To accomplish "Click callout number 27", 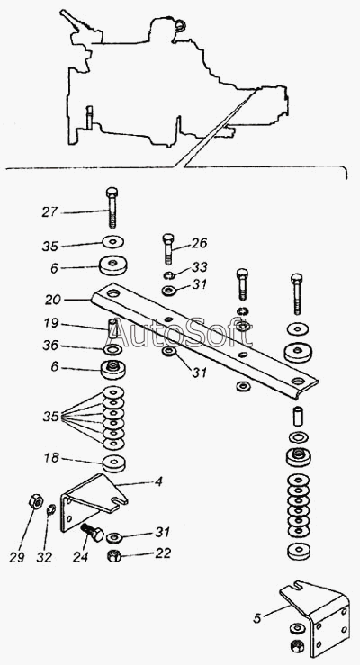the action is tap(49, 211).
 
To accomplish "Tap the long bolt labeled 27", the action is tap(112, 207).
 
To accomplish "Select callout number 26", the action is tap(199, 244).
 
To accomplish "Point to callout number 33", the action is tap(200, 266).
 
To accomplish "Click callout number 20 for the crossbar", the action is tap(53, 300).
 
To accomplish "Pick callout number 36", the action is tap(50, 346).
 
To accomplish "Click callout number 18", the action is tap(51, 458).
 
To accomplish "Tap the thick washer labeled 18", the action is tap(114, 463).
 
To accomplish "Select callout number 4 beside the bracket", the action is tap(158, 481).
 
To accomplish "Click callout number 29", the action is tap(17, 557).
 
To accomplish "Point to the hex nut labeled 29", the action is tap(35, 501).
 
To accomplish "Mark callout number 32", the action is tap(44, 557).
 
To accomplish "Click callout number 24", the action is tap(80, 557).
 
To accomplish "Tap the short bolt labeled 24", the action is tap(92, 532).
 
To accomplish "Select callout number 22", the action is tap(162, 553).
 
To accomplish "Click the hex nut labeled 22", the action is tap(113, 555).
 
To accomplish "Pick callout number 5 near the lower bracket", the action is tap(257, 618).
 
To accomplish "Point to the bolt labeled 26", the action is tap(168, 247).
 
